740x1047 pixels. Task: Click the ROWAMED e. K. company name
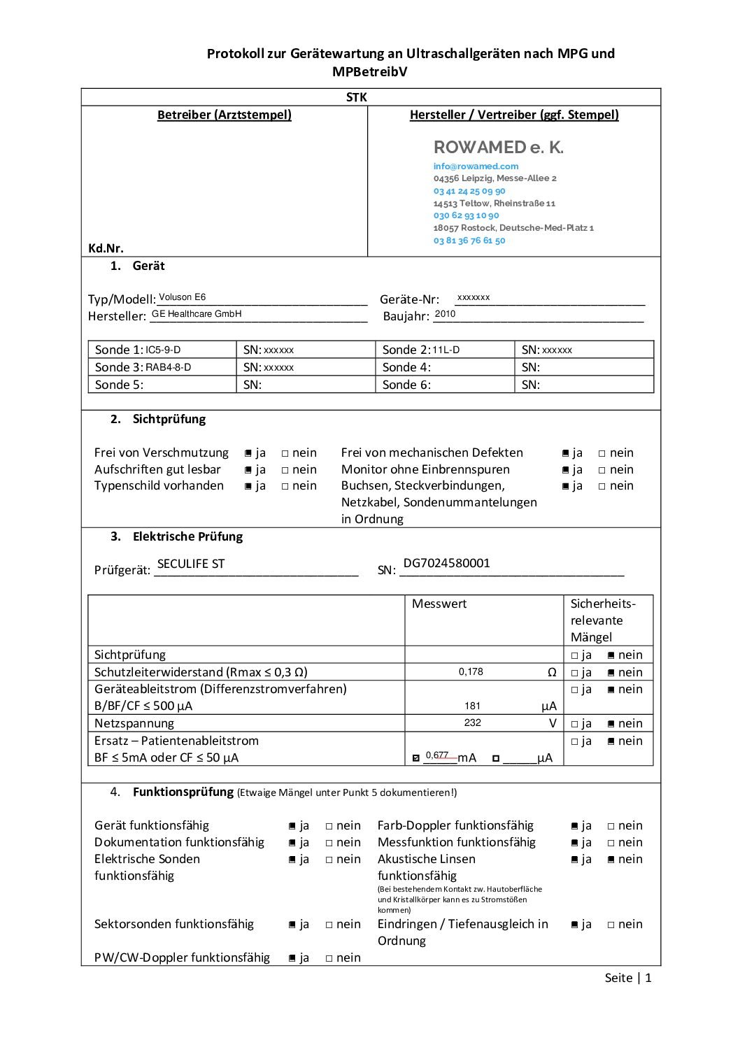point(498,148)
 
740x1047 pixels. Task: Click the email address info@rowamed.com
point(476,166)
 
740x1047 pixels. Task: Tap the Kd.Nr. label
point(106,248)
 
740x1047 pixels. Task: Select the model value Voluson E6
point(182,297)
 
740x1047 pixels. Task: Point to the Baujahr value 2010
point(445,314)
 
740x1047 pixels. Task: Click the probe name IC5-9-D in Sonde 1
point(163,350)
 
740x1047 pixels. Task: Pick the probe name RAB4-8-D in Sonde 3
point(168,367)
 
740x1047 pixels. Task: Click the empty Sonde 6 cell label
point(406,385)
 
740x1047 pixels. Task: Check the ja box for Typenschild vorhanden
point(248,487)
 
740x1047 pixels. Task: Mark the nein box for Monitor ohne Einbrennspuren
point(602,470)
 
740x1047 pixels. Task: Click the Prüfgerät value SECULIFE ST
point(191,564)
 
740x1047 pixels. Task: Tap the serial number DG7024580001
point(446,563)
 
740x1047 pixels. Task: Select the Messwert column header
point(439,604)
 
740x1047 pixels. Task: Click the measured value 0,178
point(471,672)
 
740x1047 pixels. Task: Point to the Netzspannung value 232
point(472,723)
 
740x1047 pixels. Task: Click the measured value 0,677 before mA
point(436,755)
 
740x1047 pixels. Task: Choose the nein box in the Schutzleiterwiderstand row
point(611,673)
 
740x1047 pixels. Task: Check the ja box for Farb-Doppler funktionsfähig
point(574,827)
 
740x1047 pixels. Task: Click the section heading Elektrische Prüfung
point(187,537)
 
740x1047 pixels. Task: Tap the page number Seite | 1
point(627,978)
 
